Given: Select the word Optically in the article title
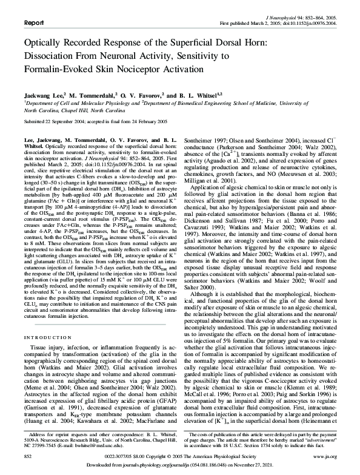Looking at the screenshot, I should (x=47, y=43).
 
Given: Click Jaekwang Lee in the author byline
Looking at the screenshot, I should (x=42, y=96).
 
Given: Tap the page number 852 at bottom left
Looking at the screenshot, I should (x=27, y=454).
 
